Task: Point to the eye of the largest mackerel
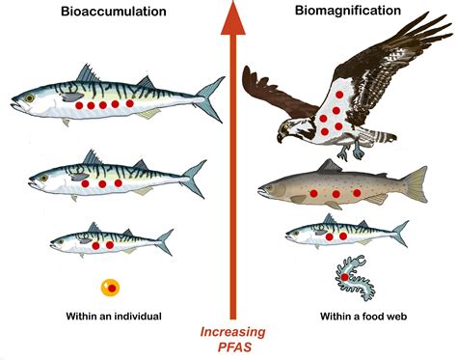point(30,97)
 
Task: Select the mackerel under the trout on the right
point(342,233)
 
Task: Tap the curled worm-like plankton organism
point(351,277)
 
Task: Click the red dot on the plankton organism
point(345,279)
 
